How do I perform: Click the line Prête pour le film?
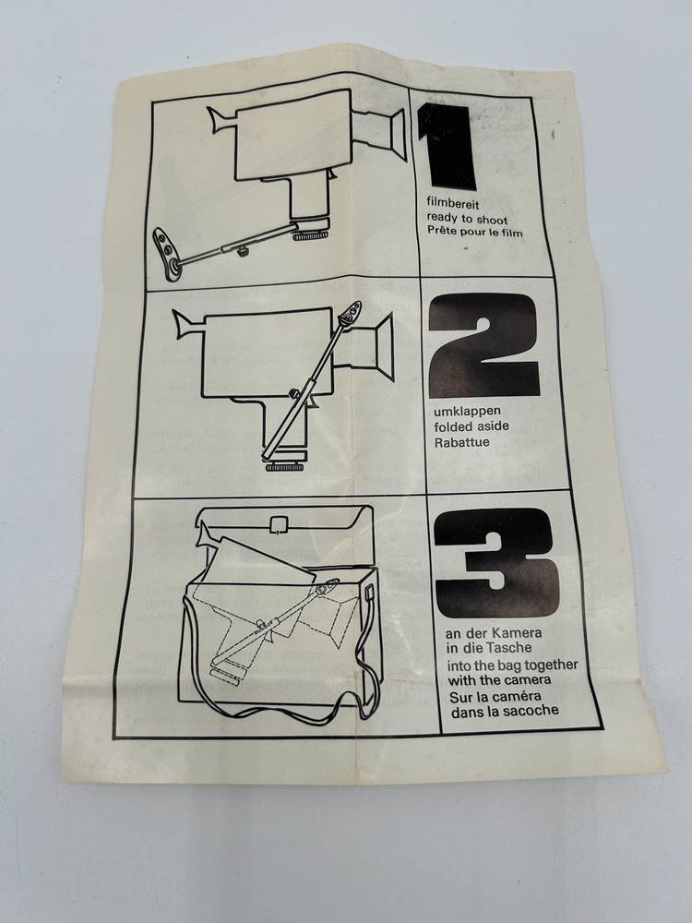point(475,233)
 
